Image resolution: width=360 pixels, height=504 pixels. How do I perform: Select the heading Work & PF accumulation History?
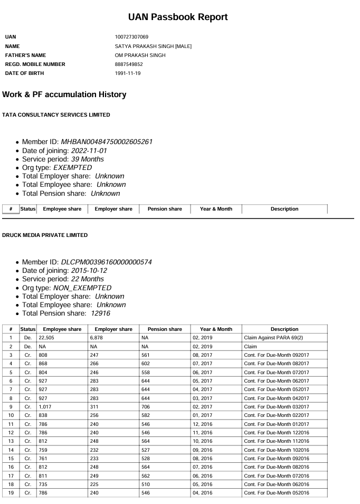tap(64, 94)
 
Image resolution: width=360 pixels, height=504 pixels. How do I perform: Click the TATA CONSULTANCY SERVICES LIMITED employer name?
tap(56, 115)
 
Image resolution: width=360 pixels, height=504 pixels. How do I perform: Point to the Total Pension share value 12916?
tap(100, 313)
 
